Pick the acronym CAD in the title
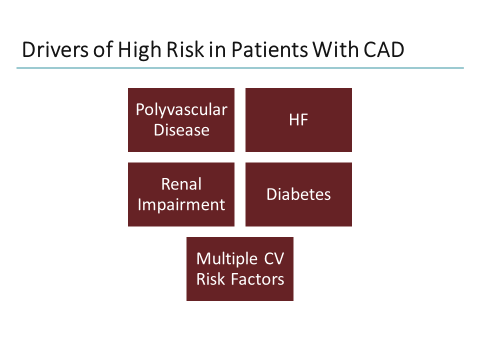click(x=384, y=50)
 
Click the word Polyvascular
click(x=181, y=109)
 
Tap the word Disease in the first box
click(x=181, y=130)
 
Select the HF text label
click(x=298, y=120)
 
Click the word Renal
click(x=181, y=184)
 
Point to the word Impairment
click(x=181, y=204)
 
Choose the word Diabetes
click(x=298, y=194)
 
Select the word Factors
click(x=258, y=279)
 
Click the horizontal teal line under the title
click(x=240, y=68)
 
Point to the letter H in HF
click(x=294, y=120)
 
